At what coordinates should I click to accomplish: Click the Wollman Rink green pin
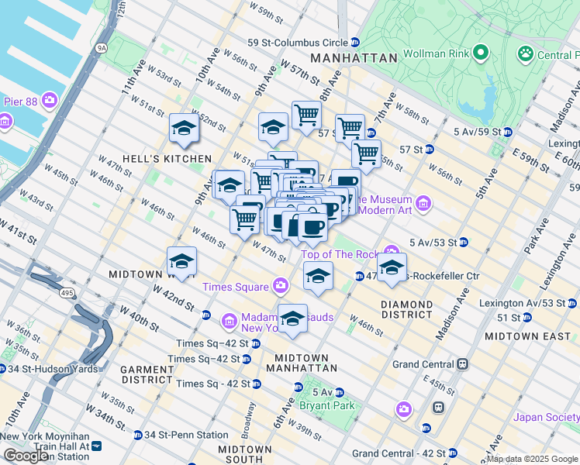(480, 53)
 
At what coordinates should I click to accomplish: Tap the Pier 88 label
(20, 100)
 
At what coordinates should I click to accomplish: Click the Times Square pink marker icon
(280, 287)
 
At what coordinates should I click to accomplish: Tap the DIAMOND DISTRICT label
(406, 310)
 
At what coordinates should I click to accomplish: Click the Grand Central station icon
(463, 363)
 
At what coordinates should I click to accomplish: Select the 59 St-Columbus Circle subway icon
(354, 42)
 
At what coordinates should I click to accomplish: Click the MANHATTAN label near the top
(354, 58)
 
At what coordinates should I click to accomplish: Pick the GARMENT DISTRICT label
(147, 375)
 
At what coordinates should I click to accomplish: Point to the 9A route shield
(101, 48)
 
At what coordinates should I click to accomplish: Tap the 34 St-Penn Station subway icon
(138, 435)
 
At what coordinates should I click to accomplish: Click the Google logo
(26, 456)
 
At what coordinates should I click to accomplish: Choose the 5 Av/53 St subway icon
(463, 243)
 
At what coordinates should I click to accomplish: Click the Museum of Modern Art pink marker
(423, 204)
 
